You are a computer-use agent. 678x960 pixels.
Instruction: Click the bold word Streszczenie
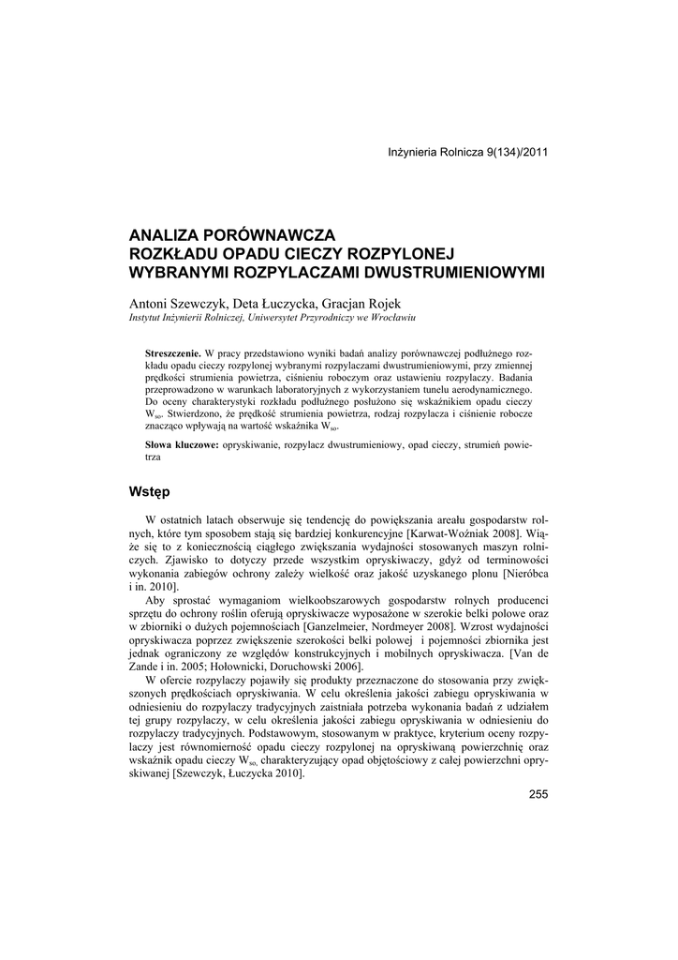(174, 352)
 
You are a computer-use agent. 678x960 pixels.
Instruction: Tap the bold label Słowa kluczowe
(182, 444)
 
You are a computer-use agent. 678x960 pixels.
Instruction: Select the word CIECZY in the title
(317, 253)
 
